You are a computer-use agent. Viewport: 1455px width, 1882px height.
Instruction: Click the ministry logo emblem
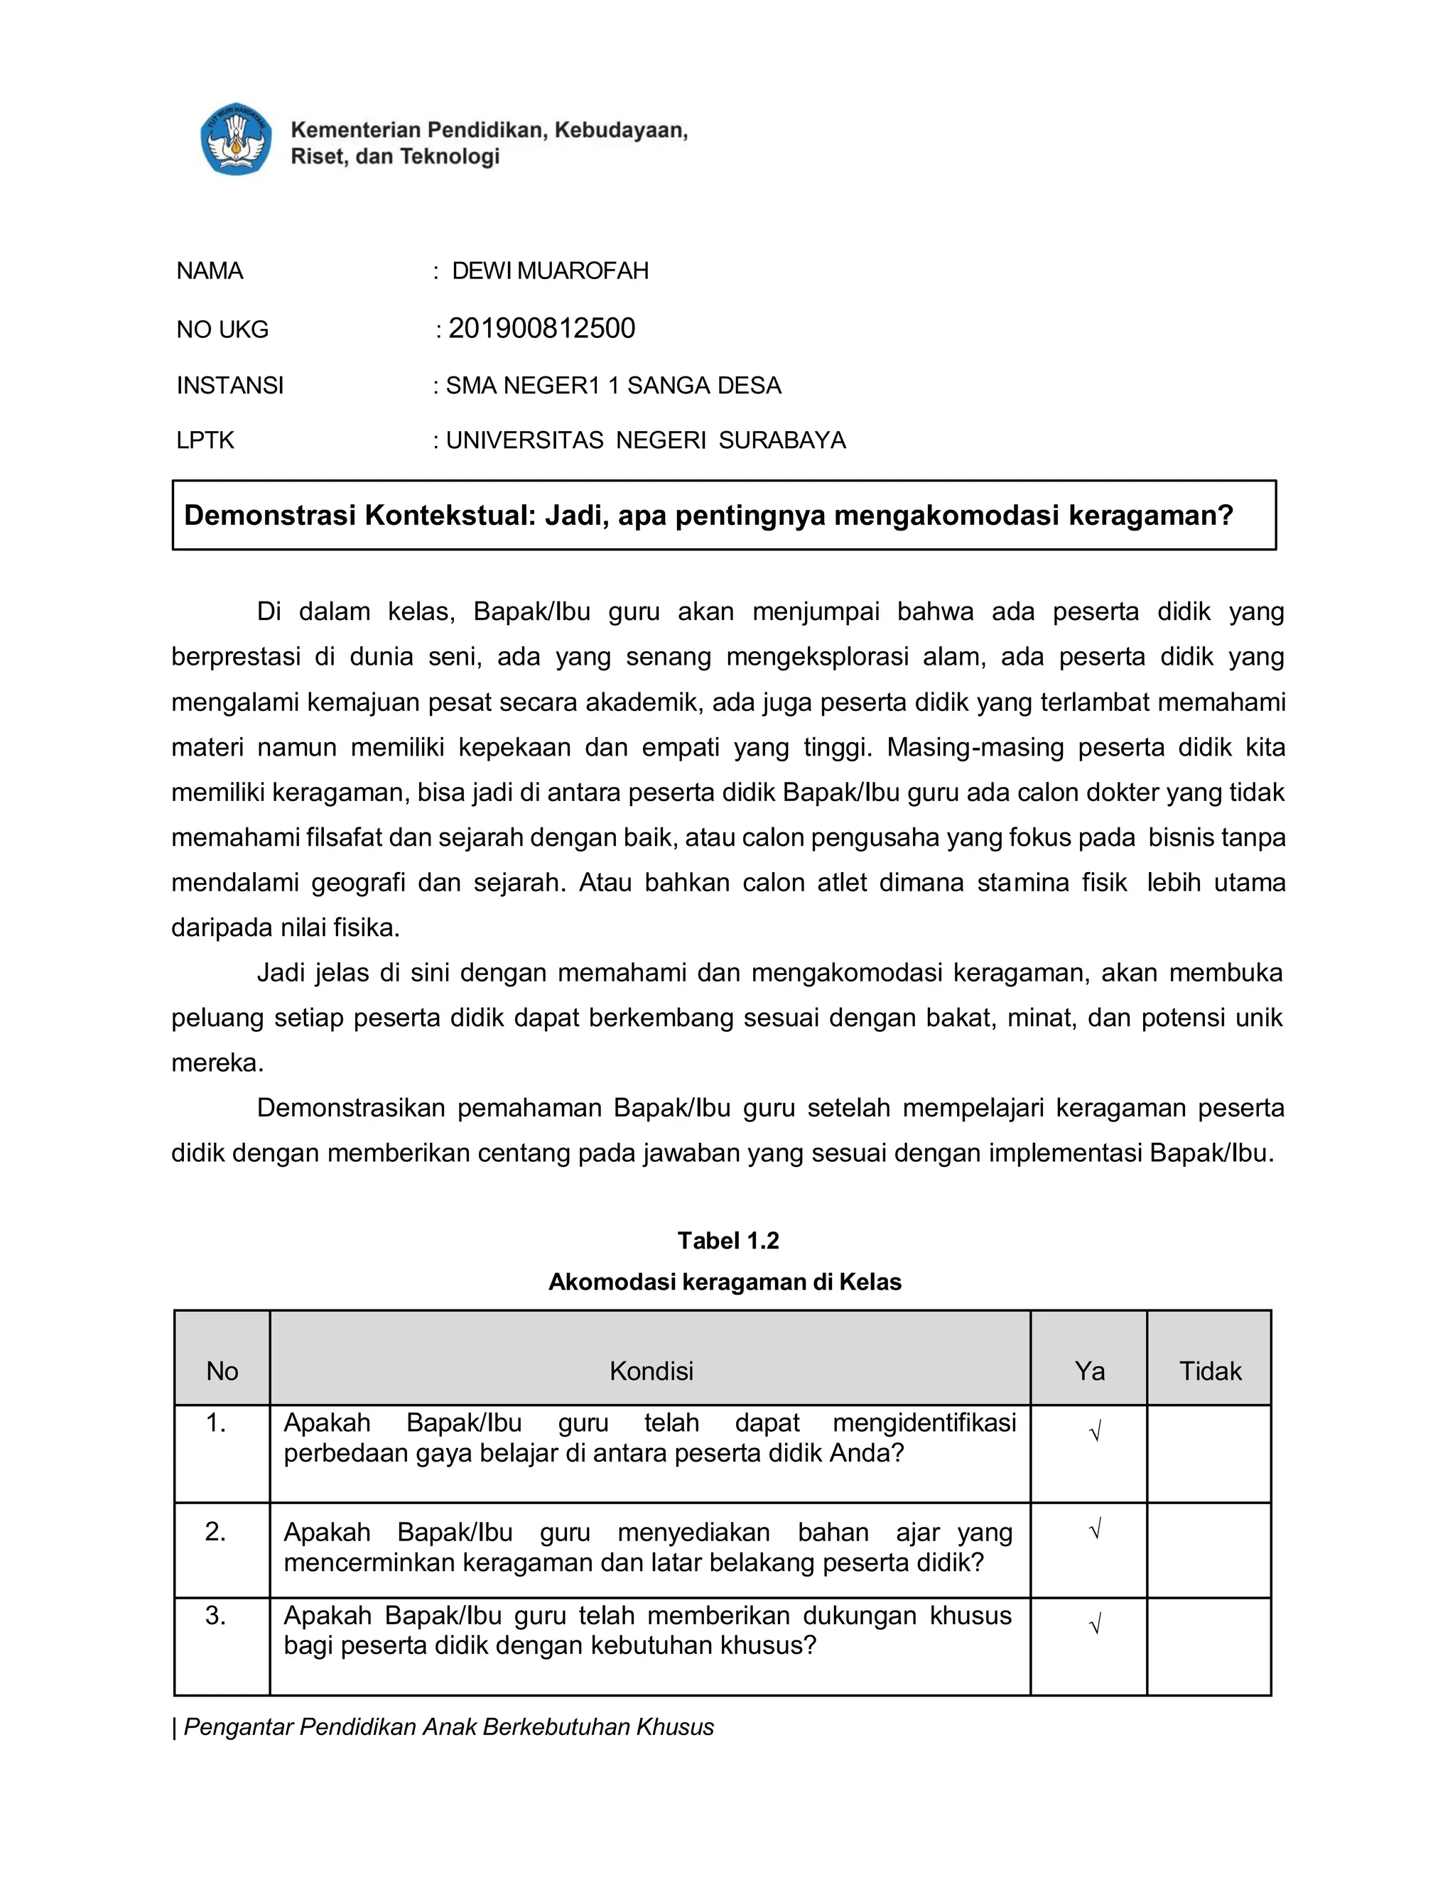click(x=235, y=140)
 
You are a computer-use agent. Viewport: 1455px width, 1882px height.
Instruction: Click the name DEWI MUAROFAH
click(x=550, y=271)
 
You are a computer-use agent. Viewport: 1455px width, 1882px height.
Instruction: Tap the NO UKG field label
click(x=222, y=330)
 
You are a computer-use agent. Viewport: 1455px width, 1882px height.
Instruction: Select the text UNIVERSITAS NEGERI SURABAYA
click(x=646, y=440)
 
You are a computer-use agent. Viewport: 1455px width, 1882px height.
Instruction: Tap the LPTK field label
click(x=205, y=440)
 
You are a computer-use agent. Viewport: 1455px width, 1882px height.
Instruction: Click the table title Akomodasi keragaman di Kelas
click(x=724, y=1281)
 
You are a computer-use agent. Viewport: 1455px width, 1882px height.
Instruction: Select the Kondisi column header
click(x=651, y=1370)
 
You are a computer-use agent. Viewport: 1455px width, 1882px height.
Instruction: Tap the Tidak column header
click(x=1209, y=1370)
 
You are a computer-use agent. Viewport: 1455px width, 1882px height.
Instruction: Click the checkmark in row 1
click(x=1095, y=1433)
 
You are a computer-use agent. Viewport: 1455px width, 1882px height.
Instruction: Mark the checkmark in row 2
click(x=1095, y=1530)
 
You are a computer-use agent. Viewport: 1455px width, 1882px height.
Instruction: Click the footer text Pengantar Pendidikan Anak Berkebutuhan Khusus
click(x=448, y=1727)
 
